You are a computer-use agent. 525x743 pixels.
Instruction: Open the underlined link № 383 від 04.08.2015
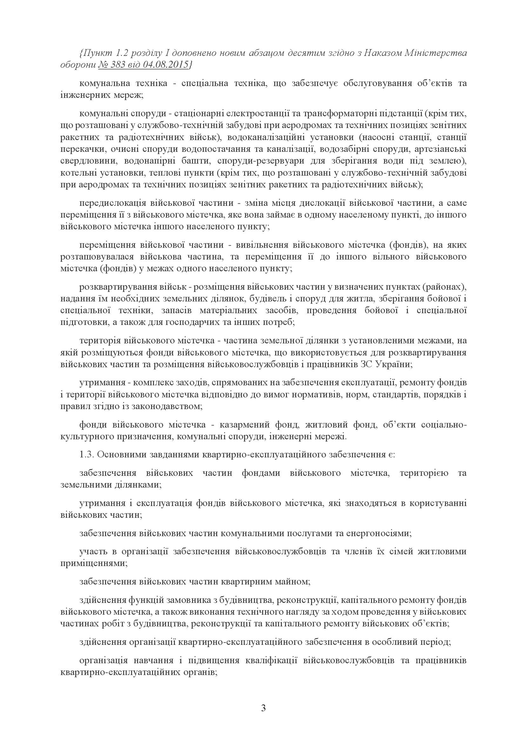coord(143,64)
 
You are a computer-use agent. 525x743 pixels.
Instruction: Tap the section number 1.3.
coord(87,454)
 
